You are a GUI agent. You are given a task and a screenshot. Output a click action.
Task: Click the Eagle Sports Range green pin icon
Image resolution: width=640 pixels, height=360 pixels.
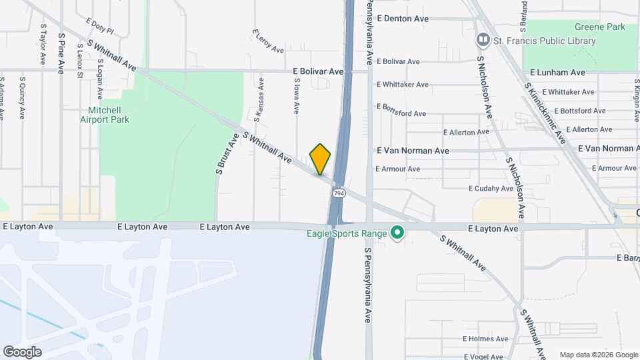pyautogui.click(x=398, y=233)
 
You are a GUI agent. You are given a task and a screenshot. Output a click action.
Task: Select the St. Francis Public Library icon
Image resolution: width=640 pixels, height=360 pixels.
pyautogui.click(x=483, y=41)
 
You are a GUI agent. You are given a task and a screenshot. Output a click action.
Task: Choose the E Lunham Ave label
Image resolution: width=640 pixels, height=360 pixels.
pyautogui.click(x=557, y=72)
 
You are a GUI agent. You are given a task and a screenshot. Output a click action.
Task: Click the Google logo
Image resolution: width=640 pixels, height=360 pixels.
pyautogui.click(x=22, y=352)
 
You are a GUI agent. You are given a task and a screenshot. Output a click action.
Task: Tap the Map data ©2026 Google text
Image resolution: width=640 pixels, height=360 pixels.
pyautogui.click(x=597, y=355)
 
